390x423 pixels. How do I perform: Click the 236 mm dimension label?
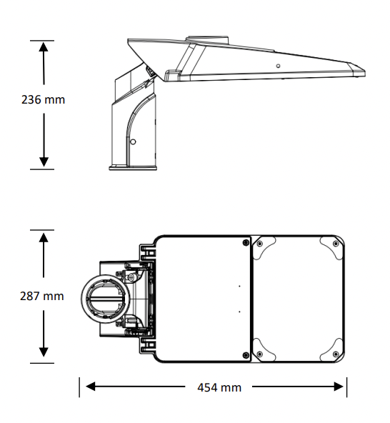(x=43, y=99)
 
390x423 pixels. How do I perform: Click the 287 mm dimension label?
(x=42, y=296)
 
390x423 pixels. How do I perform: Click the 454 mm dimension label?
(x=219, y=387)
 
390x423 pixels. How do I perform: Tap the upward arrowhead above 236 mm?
(x=44, y=46)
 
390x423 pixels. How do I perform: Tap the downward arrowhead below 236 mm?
(x=44, y=162)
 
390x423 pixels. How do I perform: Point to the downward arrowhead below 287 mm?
(x=44, y=352)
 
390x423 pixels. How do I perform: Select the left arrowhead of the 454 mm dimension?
(x=90, y=387)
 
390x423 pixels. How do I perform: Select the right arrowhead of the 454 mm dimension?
(x=339, y=387)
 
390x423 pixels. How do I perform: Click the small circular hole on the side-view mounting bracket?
(x=133, y=141)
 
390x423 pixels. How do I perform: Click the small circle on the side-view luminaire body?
(x=278, y=66)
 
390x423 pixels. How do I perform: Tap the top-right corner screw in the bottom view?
(x=336, y=244)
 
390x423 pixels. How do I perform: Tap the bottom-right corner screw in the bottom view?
(x=336, y=354)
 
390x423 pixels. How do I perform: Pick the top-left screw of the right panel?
(x=259, y=244)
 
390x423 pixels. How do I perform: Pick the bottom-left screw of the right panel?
(x=259, y=354)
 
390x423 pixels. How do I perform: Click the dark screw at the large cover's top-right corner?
(x=246, y=242)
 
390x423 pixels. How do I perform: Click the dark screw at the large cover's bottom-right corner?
(x=246, y=355)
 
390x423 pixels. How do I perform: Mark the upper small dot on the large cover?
(x=239, y=286)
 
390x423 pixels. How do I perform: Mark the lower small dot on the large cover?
(x=239, y=312)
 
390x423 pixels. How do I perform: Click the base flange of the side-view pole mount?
(x=133, y=168)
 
